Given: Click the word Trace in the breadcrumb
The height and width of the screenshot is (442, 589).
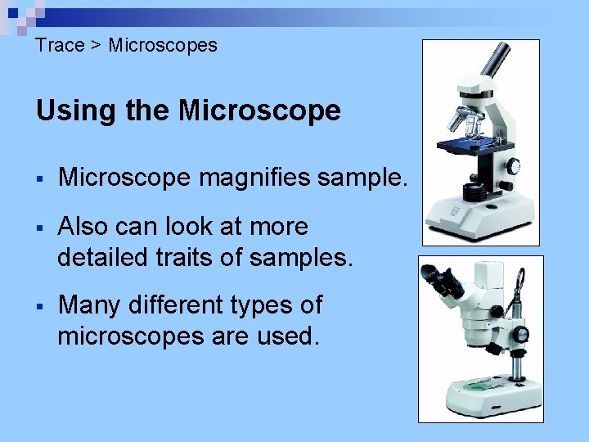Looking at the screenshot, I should [x=60, y=46].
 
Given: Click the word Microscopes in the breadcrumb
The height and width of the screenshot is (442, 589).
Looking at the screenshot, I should [x=163, y=46].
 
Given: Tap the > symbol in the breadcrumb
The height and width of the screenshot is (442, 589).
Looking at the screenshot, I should [x=96, y=46].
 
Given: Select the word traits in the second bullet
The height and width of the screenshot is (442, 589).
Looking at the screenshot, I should [x=195, y=258].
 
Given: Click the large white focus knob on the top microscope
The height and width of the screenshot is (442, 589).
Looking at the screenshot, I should [x=512, y=166].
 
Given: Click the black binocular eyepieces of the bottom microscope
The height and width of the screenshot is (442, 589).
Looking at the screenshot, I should [x=447, y=282].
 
